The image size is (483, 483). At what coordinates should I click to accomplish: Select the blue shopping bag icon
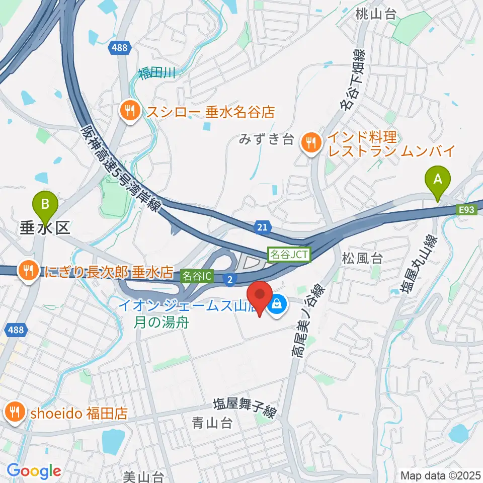(277, 303)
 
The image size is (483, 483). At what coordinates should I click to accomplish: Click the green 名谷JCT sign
(289, 255)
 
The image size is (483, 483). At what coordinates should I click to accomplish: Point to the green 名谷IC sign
(198, 276)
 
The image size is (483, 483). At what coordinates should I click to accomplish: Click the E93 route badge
(467, 210)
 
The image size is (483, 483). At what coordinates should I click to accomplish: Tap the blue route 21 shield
(262, 228)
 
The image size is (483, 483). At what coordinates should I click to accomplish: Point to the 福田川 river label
(156, 74)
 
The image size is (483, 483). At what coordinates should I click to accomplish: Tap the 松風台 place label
(362, 259)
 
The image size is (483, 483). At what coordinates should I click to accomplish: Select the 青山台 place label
(213, 423)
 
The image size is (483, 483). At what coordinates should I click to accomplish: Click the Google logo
(34, 471)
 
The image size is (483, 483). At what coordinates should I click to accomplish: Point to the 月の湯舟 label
(161, 322)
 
